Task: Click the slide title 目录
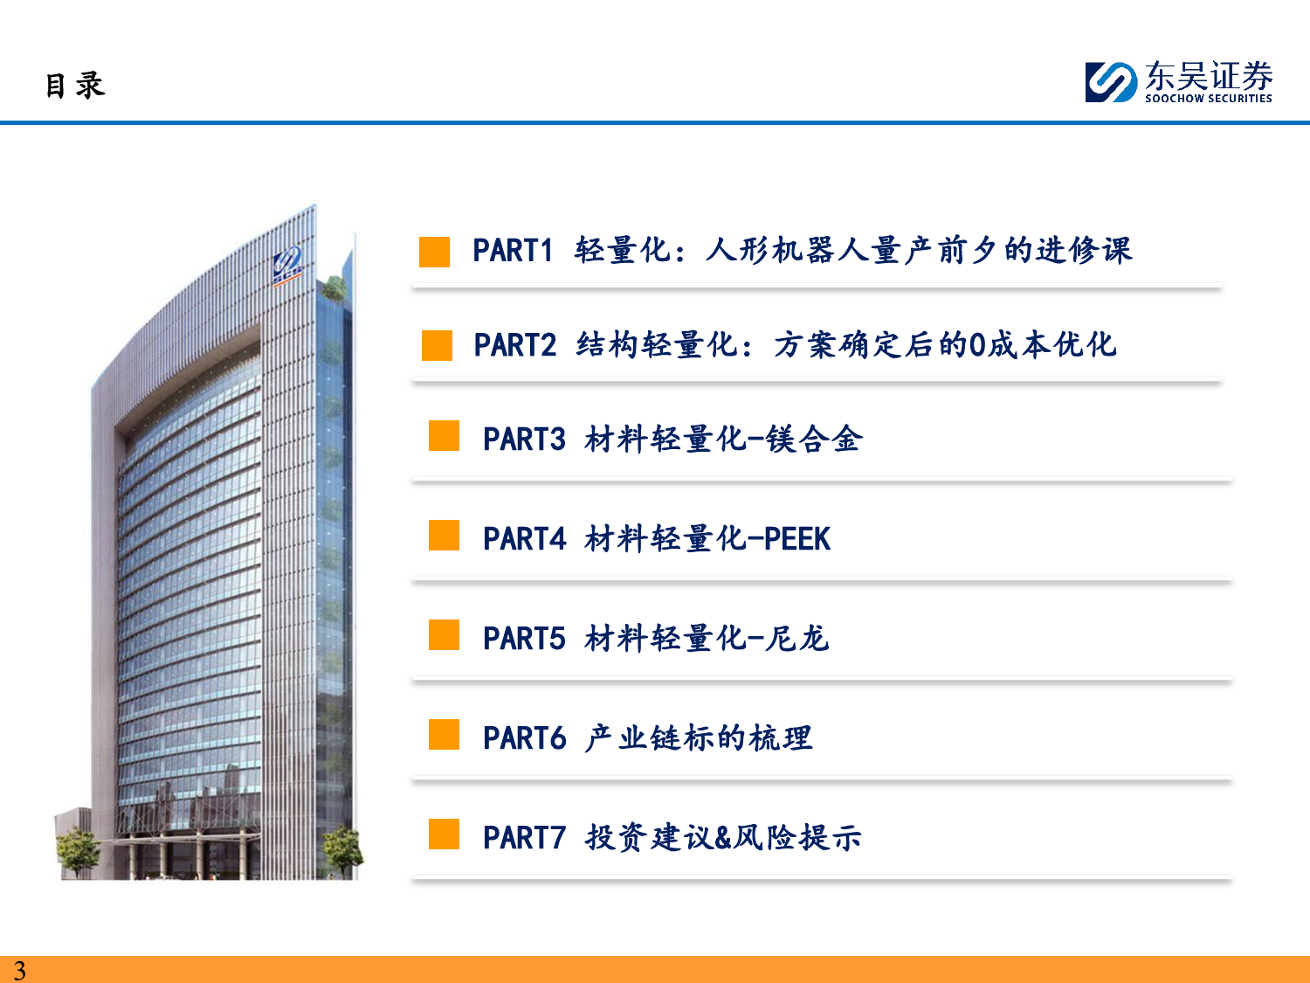coord(75,86)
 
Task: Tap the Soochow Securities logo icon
coord(1111,82)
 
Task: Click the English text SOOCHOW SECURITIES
coord(1208,99)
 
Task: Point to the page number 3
coord(20,971)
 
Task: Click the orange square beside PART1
coord(434,252)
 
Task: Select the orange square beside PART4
coord(444,535)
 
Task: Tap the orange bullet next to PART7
coord(444,834)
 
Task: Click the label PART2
coord(515,345)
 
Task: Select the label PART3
coord(524,440)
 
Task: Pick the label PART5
coord(524,638)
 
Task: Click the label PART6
coord(524,737)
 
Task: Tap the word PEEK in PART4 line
coord(797,539)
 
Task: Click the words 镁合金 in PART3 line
coord(814,440)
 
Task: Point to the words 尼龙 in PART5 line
coord(797,638)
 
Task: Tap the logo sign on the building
coord(287,265)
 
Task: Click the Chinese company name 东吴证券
coord(1209,76)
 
